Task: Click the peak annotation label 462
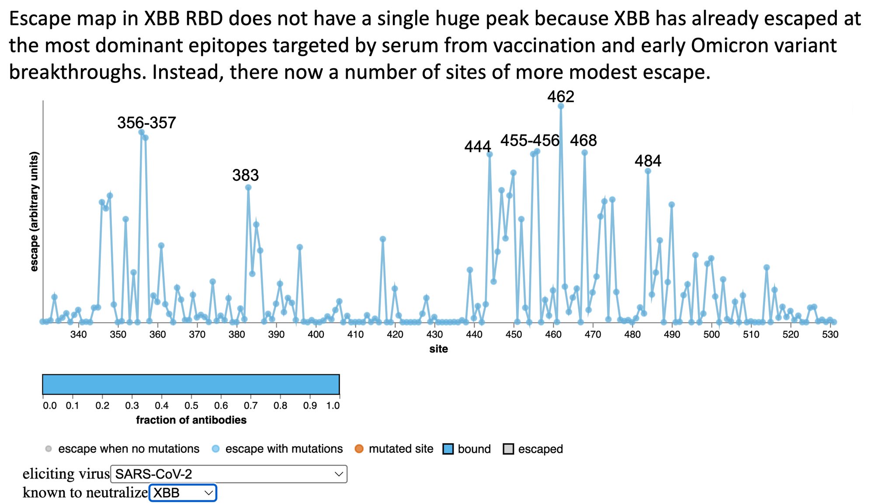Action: tap(560, 96)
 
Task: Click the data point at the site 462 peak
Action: tap(561, 106)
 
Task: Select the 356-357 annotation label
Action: tap(146, 123)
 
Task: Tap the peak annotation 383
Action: tap(245, 176)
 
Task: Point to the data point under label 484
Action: tap(648, 171)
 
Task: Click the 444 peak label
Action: tap(477, 147)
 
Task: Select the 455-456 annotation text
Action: tap(530, 141)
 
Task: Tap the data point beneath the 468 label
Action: tap(585, 153)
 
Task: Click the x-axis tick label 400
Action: tap(316, 335)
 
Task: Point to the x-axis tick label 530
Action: tap(830, 335)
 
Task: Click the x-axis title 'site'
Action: tap(438, 349)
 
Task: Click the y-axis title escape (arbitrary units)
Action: tap(35, 211)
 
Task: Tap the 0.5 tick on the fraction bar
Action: tap(191, 406)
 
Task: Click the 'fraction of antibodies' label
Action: tap(191, 420)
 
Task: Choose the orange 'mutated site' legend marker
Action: tap(359, 449)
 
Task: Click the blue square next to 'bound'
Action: tap(447, 449)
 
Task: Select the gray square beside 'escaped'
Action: tap(508, 449)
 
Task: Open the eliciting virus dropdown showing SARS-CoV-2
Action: tap(229, 474)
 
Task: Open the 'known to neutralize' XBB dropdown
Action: tap(183, 493)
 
